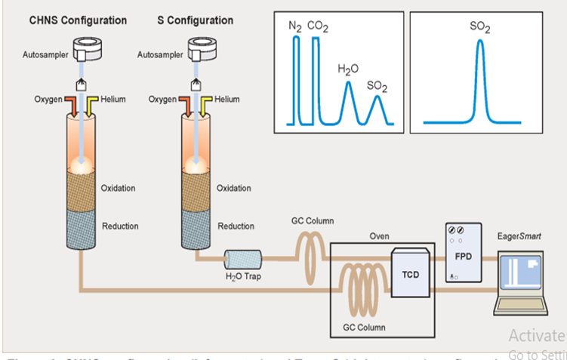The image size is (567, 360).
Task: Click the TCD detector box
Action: coord(410,275)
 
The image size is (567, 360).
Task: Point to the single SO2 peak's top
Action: coord(480,41)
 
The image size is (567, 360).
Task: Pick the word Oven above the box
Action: coord(379,236)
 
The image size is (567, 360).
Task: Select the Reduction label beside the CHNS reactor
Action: coord(120,226)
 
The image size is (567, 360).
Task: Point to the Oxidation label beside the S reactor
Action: coord(234,188)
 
